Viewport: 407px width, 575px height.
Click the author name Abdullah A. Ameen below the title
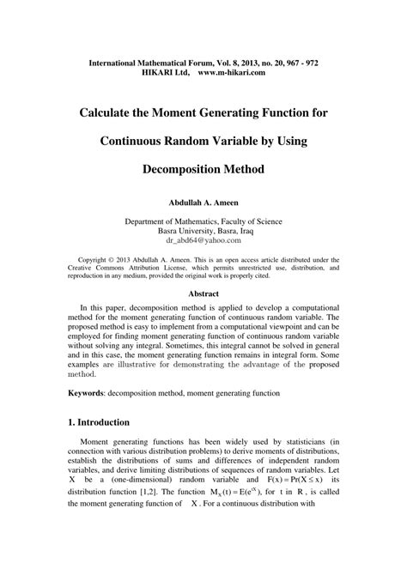[203, 203]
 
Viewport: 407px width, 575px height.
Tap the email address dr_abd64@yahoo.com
[203, 241]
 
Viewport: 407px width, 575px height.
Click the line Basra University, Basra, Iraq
[203, 231]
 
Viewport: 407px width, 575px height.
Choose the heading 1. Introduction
[99, 422]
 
